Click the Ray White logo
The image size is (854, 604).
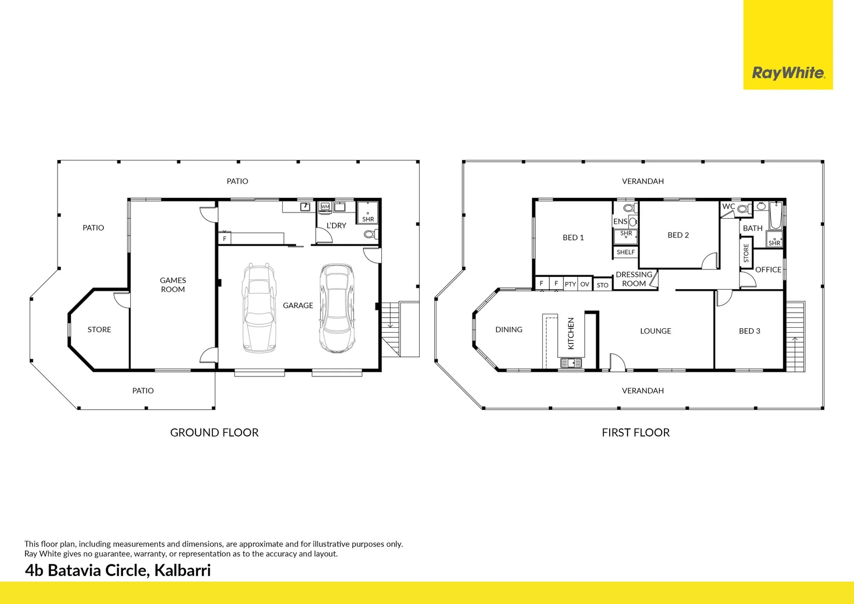[787, 73]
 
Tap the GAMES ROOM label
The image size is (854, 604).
[173, 285]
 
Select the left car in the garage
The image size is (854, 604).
[259, 308]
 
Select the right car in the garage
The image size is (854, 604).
[337, 308]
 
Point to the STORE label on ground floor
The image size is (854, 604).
[99, 330]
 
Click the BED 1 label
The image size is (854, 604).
[573, 238]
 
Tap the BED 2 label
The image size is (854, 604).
[678, 235]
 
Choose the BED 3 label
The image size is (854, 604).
[749, 331]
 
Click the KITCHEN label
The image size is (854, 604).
[571, 333]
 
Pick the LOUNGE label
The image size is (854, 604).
[655, 331]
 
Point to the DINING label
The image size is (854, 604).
[509, 330]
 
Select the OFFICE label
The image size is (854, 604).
[768, 270]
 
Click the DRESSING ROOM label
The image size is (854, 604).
[634, 279]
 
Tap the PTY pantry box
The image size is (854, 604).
[570, 284]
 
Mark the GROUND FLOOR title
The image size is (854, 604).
[214, 432]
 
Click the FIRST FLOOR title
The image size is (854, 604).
[635, 432]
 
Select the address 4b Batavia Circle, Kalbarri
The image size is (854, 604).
[118, 570]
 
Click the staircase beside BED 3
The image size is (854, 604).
[795, 336]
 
